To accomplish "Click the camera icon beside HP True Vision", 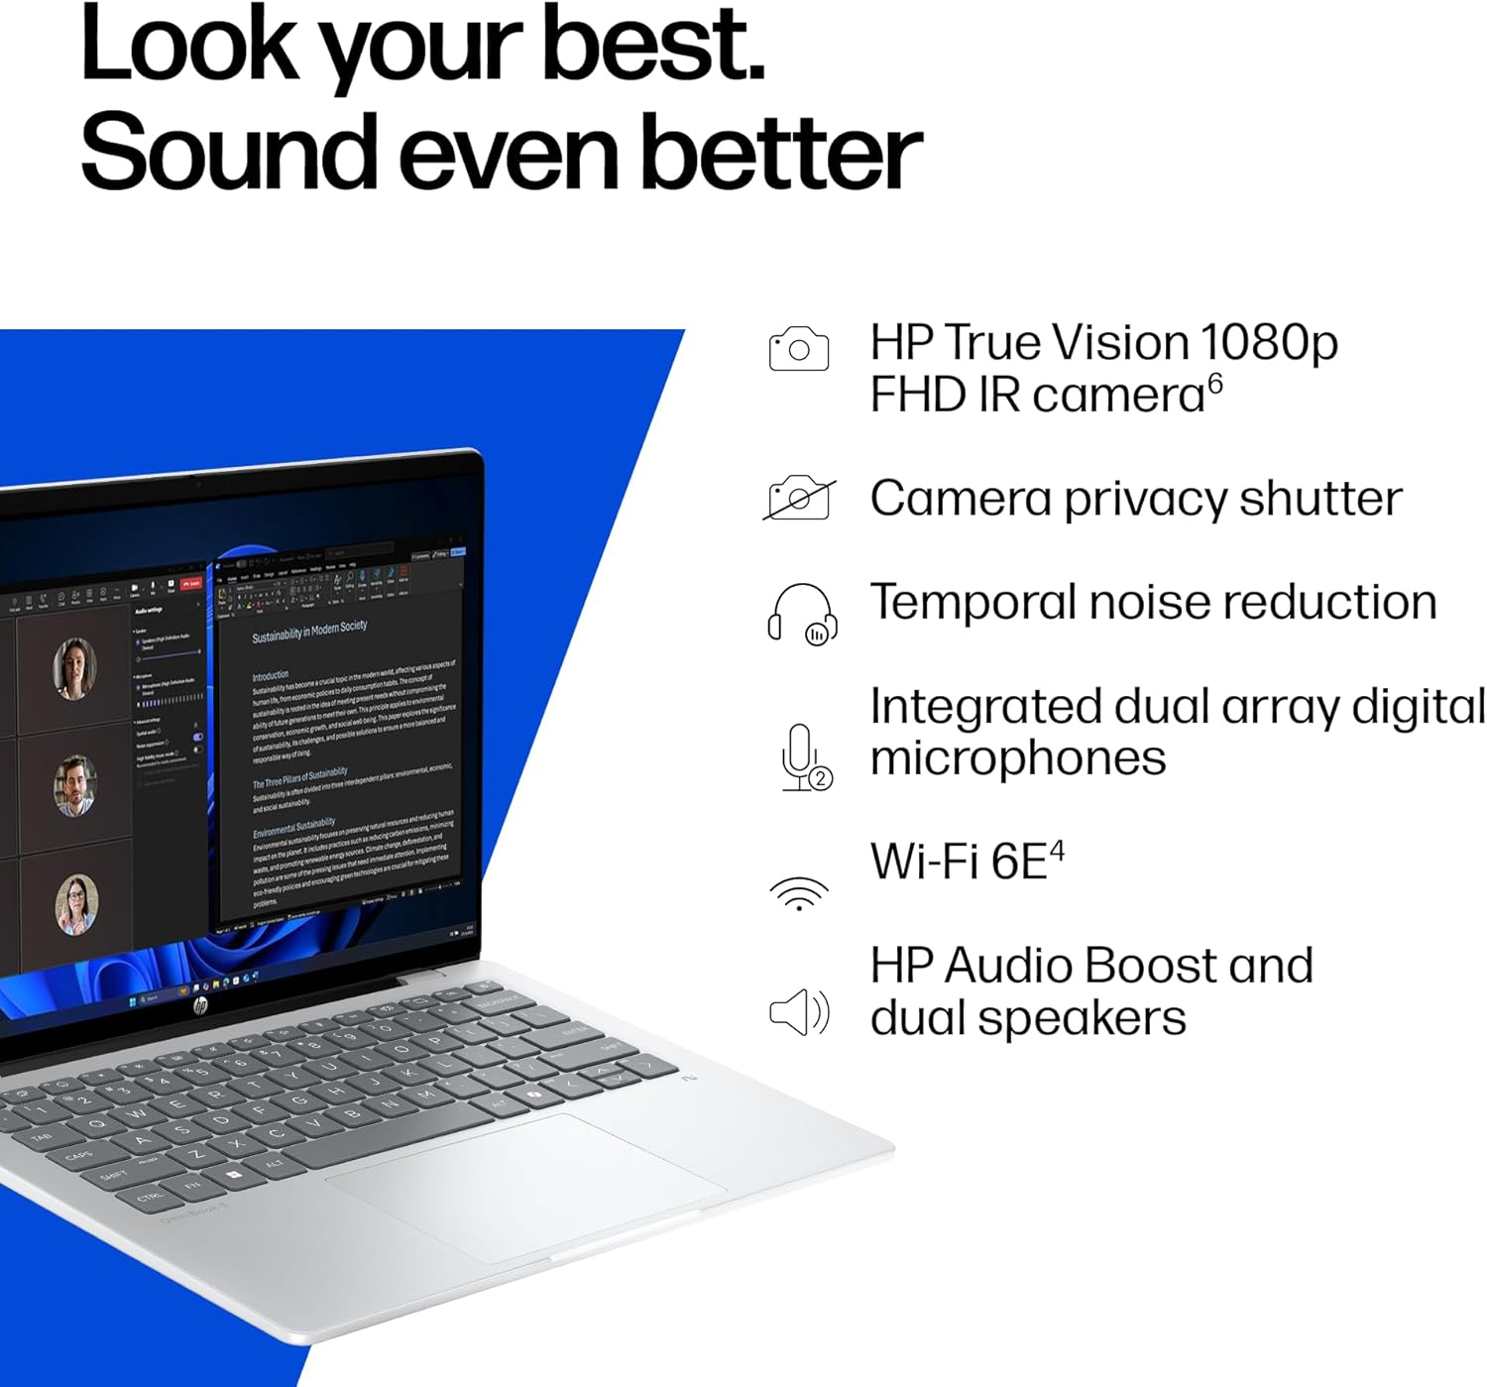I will (798, 348).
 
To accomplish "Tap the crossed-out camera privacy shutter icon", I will (799, 498).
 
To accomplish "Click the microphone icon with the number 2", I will (804, 758).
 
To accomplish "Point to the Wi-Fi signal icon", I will (799, 892).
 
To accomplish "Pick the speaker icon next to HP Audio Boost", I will (799, 1012).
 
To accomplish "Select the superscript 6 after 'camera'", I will (1215, 383).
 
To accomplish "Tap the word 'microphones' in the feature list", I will (1018, 758).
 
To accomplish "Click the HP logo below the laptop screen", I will (200, 1005).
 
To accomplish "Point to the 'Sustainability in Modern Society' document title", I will (309, 631).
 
